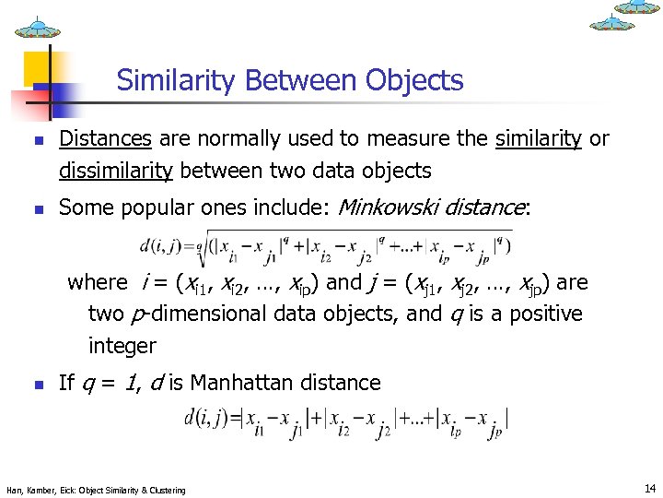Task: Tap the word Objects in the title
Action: tap(413, 81)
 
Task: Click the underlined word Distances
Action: tap(105, 139)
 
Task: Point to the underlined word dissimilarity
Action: tap(116, 171)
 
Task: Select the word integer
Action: tap(122, 347)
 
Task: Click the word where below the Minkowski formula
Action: tap(98, 282)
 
